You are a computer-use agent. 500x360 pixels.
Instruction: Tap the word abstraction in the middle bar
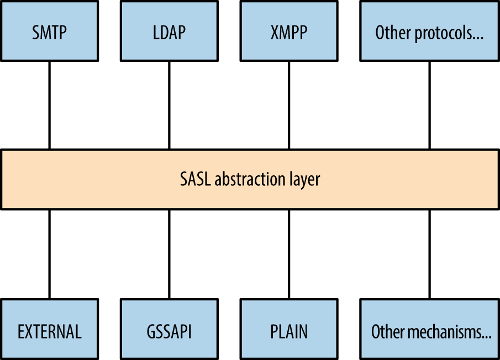(x=250, y=179)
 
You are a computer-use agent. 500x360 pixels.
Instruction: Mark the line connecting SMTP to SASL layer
(x=50, y=105)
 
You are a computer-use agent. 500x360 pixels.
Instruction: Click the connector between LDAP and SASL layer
(x=169, y=105)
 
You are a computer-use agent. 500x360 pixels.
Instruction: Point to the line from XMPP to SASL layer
(x=288, y=105)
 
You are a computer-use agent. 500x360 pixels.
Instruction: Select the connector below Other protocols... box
(x=429, y=105)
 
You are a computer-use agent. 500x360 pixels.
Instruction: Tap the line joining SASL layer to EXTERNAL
(x=50, y=254)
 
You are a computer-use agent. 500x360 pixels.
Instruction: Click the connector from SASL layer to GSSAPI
(x=169, y=254)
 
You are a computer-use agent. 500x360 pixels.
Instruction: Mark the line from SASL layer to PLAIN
(x=288, y=254)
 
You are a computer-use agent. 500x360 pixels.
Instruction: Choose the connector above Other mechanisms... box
(x=429, y=254)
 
